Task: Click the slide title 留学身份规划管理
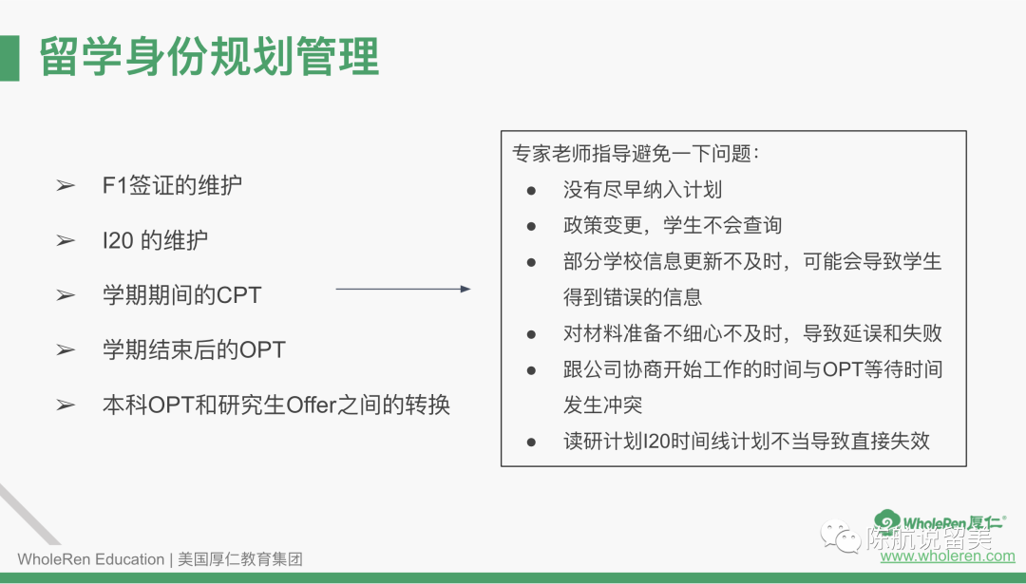point(209,56)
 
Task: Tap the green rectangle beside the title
point(9,58)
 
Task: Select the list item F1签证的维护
point(172,186)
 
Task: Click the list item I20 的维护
point(155,240)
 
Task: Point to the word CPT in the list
point(238,295)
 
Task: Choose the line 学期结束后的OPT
point(194,349)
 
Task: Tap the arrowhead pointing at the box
point(465,289)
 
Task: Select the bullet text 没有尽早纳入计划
point(642,190)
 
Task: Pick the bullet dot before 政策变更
point(531,226)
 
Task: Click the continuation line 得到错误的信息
point(633,297)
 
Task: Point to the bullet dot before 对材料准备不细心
point(531,334)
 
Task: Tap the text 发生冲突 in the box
point(602,405)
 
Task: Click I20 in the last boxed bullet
point(656,442)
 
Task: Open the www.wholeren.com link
point(947,556)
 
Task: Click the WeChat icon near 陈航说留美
point(841,537)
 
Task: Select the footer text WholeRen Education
point(91,560)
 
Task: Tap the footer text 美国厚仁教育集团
point(240,560)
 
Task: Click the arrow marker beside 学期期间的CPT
point(66,295)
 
